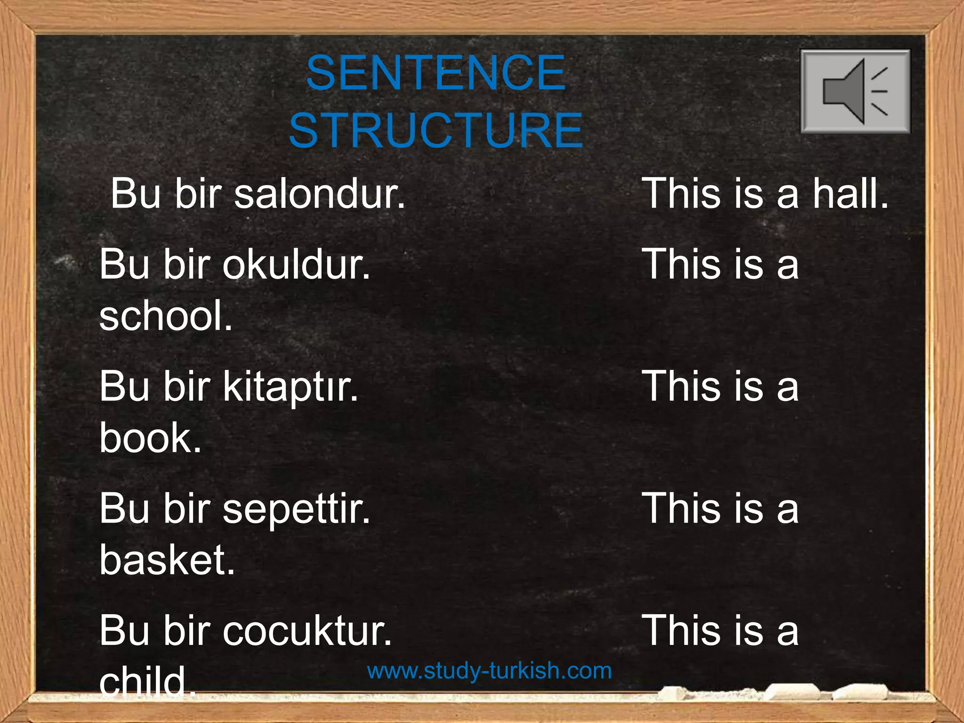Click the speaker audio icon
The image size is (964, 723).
855,91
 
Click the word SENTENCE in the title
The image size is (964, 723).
435,73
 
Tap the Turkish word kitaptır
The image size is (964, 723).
290,387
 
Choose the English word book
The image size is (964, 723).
150,438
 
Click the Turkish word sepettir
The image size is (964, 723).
296,509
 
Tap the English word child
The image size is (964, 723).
147,682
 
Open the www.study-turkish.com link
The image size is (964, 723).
489,670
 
